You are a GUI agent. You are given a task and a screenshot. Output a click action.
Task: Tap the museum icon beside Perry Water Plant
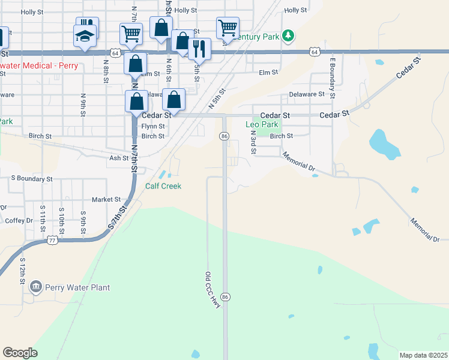pos(37,287)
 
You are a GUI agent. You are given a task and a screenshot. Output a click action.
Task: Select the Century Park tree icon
pos(289,37)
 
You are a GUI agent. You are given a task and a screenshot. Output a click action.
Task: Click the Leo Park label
pos(262,125)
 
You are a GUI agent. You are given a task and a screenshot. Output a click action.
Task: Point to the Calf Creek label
pos(163,186)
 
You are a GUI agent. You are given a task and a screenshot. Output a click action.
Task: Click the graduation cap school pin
pos(85,37)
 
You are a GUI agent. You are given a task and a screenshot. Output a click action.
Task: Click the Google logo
pos(20,353)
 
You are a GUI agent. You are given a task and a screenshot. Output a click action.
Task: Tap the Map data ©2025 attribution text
pos(423,355)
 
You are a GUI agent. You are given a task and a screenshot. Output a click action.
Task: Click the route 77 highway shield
pos(52,241)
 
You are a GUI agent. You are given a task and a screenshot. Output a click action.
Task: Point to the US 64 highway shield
pos(315,52)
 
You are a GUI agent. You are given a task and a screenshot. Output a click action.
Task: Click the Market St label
pos(106,199)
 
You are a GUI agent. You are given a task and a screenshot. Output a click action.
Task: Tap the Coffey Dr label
pos(19,221)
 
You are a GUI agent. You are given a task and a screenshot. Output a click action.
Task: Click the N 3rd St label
pos(253,145)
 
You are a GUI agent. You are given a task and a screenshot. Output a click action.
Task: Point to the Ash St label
pos(118,158)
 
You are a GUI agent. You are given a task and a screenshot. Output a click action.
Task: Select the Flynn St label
pos(153,127)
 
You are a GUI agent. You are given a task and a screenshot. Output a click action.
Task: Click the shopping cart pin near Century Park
pos(228,28)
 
